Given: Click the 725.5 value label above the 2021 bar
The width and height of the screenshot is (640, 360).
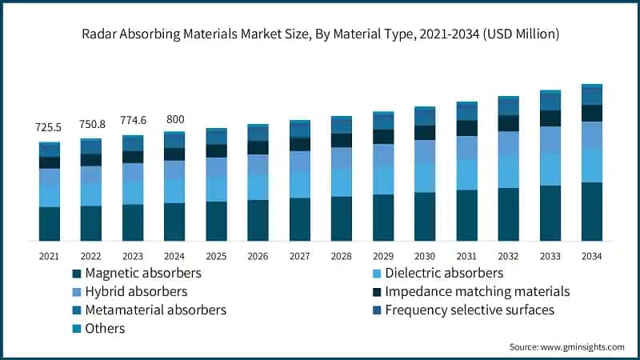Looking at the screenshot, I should click(50, 127).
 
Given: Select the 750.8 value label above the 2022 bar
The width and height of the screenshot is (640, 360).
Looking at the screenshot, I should click(91, 124).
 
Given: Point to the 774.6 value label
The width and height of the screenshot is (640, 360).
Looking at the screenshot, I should click(133, 121).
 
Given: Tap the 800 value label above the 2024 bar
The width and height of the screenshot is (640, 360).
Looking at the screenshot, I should click(174, 118).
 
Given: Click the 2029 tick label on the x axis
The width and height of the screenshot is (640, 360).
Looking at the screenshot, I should click(383, 255).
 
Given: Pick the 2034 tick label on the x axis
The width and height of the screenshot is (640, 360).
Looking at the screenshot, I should click(591, 255).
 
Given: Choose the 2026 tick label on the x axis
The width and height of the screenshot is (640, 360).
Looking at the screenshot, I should click(258, 255).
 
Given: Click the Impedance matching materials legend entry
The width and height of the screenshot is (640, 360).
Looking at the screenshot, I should click(477, 291).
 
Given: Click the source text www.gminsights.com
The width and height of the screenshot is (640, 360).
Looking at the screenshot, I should click(582, 346).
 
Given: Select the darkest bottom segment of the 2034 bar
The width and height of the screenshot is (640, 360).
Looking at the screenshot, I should click(591, 211).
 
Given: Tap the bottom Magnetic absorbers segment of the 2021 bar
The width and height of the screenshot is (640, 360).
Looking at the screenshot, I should click(50, 223).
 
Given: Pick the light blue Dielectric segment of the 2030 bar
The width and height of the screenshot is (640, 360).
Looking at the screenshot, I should click(425, 178).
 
